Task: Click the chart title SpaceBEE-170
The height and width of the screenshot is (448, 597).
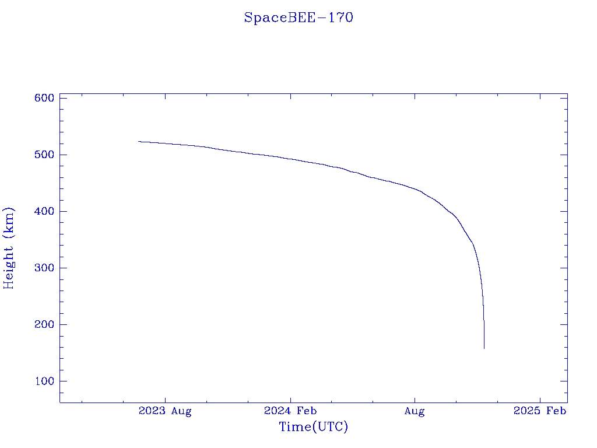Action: pyautogui.click(x=298, y=17)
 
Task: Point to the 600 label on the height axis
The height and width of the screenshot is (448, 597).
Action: pyautogui.click(x=44, y=98)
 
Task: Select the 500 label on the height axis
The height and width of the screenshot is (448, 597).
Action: pyautogui.click(x=44, y=155)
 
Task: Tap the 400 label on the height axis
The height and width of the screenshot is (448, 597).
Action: pyautogui.click(x=44, y=211)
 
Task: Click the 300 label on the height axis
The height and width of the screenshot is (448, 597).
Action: pyautogui.click(x=44, y=268)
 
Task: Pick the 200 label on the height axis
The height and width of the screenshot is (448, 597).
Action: pyautogui.click(x=44, y=324)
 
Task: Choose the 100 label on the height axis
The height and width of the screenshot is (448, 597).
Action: pyautogui.click(x=44, y=381)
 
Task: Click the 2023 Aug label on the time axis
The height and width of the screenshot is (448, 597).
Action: pyautogui.click(x=165, y=411)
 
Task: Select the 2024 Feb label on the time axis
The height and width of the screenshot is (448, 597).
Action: pyautogui.click(x=290, y=411)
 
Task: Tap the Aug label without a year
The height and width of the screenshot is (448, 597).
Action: pyautogui.click(x=415, y=411)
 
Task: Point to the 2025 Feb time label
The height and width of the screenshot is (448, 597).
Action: pyautogui.click(x=540, y=411)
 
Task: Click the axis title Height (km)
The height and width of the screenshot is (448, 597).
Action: pyautogui.click(x=9, y=248)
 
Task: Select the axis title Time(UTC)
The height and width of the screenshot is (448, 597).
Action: pyautogui.click(x=314, y=427)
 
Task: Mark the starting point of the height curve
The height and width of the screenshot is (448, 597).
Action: pyautogui.click(x=139, y=141)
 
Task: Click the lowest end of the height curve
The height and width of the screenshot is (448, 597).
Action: pyautogui.click(x=484, y=348)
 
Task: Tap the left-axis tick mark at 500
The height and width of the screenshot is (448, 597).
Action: pyautogui.click(x=63, y=155)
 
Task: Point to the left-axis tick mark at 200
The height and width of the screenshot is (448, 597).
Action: pyautogui.click(x=63, y=324)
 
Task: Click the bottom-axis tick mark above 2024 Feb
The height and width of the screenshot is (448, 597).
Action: pyautogui.click(x=290, y=399)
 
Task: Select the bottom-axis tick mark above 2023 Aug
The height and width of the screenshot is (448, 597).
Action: pyautogui.click(x=165, y=399)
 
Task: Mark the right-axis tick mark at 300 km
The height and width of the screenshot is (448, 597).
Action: pyautogui.click(x=564, y=268)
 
